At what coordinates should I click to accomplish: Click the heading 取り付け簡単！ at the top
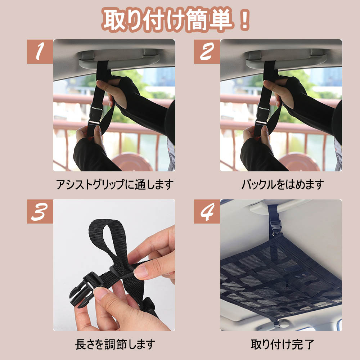pos(176,19)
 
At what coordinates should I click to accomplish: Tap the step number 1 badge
pos(40,51)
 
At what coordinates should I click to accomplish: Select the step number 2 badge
pos(207,51)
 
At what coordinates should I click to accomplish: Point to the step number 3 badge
pos(40,211)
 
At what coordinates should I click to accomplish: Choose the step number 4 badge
pos(207,211)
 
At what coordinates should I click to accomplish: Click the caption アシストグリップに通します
pos(114,185)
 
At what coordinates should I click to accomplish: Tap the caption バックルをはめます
pos(283,185)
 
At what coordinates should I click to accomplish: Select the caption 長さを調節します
pos(115,345)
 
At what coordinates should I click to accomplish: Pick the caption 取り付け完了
pos(282,345)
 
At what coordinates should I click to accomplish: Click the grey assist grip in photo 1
pos(120,59)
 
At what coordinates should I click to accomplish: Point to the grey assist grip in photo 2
pos(286,59)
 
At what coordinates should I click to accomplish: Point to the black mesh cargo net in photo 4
pos(280,275)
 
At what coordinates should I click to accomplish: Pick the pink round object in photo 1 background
pos(132,162)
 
